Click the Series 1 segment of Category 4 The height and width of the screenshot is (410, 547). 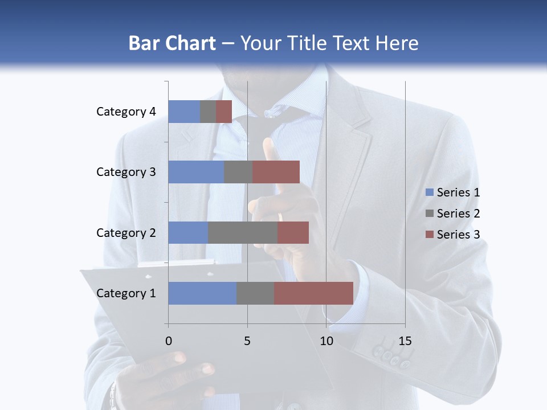coord(184,112)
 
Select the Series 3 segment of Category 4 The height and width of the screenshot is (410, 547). coord(224,112)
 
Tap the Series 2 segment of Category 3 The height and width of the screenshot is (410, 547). coord(238,172)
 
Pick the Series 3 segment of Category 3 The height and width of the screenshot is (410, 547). coord(276,172)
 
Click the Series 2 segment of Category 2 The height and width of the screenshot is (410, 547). coord(243,232)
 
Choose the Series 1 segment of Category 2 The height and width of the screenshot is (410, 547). coord(188,232)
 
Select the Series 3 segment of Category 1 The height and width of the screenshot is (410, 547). coord(313,293)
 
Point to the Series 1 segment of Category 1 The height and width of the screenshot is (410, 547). coord(202,293)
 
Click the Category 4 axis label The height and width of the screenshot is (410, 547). coord(126,112)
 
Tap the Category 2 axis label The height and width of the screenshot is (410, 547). coord(126,232)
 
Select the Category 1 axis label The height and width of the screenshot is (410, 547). coord(126,293)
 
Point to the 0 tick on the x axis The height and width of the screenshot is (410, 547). coord(169,341)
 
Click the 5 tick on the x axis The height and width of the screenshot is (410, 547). coord(247,341)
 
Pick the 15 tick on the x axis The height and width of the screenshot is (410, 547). coord(405,341)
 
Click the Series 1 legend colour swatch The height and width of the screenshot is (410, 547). coord(429,192)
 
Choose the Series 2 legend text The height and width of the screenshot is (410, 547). coord(458,214)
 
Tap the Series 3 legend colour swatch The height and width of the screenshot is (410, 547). coord(429,235)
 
